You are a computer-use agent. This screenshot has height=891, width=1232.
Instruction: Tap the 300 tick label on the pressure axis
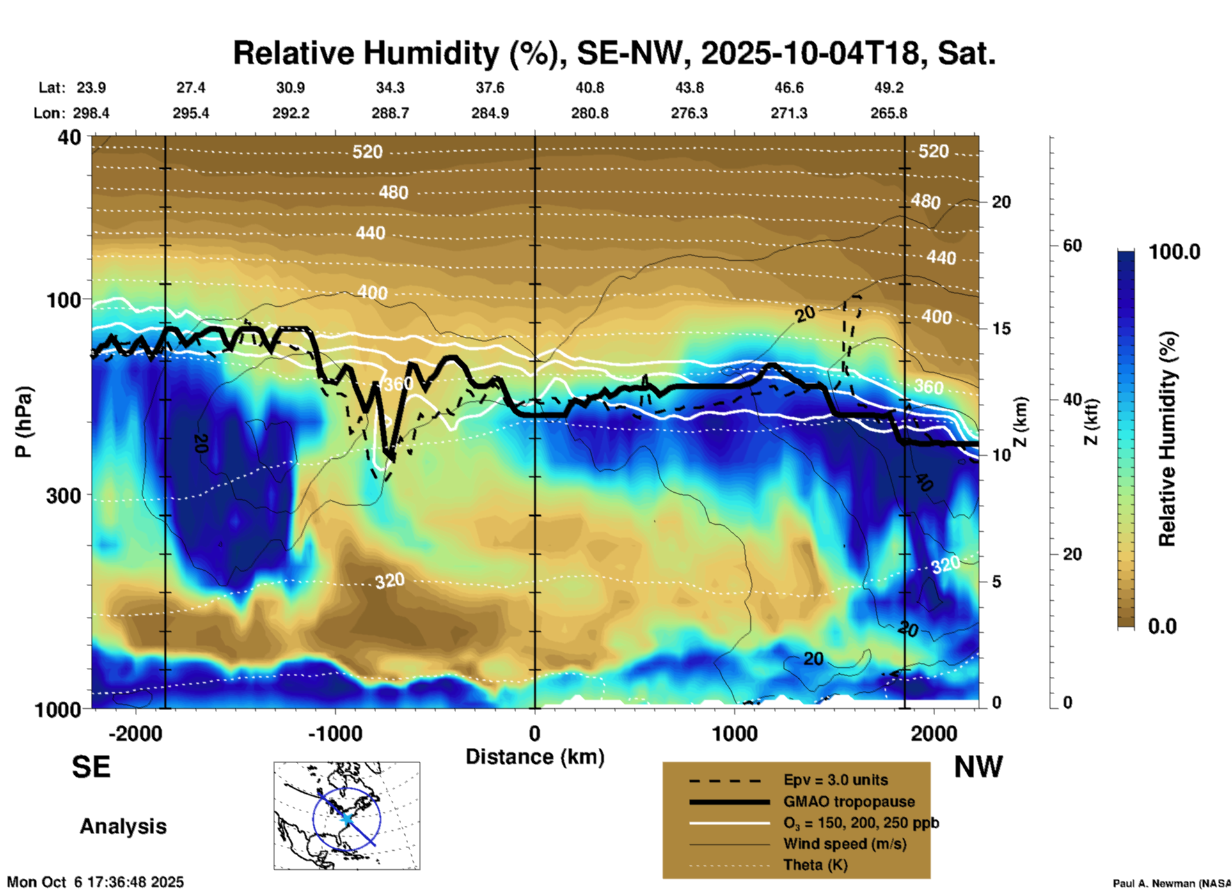[x=63, y=495]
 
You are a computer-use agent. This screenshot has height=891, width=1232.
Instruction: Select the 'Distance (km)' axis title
[x=535, y=757]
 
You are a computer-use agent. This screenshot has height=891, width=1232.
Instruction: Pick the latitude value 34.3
[x=390, y=88]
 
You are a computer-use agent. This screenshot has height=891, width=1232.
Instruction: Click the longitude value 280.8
[x=589, y=113]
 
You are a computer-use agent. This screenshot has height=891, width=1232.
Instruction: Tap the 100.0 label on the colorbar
[x=1174, y=252]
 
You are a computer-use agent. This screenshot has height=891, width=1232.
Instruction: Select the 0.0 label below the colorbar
[x=1162, y=626]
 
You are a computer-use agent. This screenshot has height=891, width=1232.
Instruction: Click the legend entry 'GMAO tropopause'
[x=849, y=802]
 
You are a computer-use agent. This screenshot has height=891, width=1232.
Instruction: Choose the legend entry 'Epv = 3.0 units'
[x=835, y=780]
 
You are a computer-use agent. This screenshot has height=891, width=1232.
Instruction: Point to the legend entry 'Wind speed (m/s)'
[x=844, y=844]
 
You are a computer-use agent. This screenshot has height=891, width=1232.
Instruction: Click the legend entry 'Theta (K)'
[x=815, y=865]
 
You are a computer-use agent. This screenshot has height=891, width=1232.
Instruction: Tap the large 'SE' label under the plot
[x=91, y=767]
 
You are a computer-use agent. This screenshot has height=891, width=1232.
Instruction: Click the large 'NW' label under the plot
[x=978, y=767]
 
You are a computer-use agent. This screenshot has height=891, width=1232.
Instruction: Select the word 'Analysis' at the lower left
[x=123, y=826]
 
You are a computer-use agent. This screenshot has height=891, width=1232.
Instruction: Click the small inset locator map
[x=347, y=816]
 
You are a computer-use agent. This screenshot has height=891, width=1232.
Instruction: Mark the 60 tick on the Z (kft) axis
[x=1072, y=245]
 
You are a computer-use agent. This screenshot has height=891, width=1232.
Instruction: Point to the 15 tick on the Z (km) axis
[x=1000, y=329]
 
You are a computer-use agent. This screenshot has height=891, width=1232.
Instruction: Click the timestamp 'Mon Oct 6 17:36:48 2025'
[x=95, y=882]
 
